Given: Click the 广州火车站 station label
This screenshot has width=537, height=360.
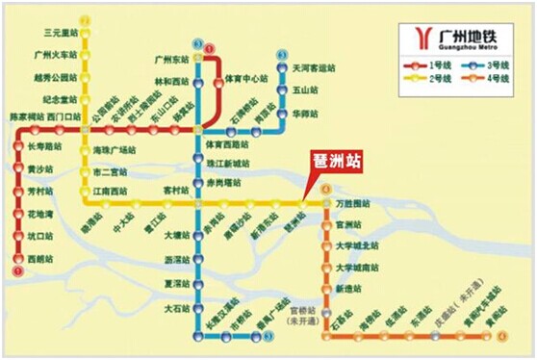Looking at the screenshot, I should click(x=56, y=56).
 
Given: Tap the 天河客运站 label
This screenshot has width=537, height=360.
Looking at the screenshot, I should click(x=315, y=70).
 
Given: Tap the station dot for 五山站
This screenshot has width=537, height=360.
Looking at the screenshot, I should click(x=282, y=91).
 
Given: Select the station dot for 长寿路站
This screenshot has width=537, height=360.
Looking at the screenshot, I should click(x=19, y=146).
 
